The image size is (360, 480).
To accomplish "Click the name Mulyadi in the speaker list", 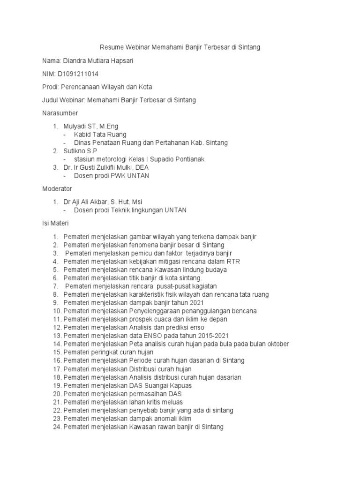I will click(75, 126).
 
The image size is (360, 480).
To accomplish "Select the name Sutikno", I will click(75, 151).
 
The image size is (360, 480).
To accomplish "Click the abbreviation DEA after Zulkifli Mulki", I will click(142, 167).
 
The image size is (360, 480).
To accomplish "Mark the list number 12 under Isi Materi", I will click(57, 327).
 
